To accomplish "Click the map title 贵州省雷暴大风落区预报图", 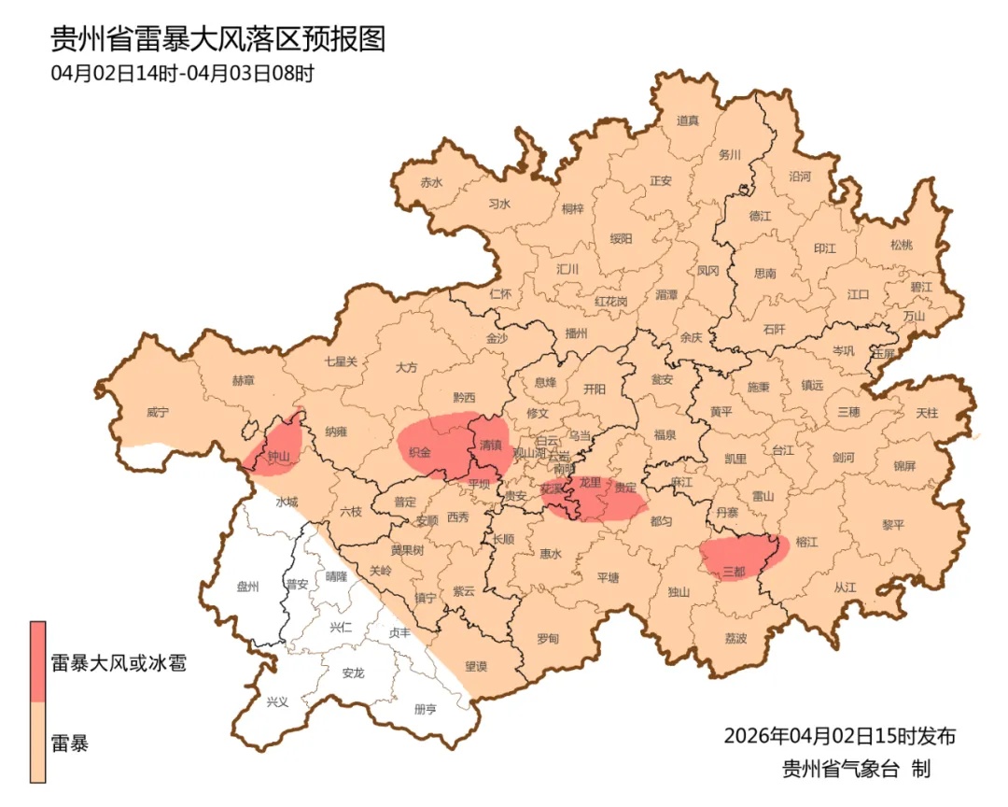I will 217,39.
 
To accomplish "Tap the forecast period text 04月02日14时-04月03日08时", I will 183,73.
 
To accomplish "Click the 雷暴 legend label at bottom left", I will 70,744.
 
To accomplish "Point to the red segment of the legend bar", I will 37,661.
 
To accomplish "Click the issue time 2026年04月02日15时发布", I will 839,736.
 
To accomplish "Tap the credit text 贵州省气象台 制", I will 856,770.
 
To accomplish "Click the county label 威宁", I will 160,412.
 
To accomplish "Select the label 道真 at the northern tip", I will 688,120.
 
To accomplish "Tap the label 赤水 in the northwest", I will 430,183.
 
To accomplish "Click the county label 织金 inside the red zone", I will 421,452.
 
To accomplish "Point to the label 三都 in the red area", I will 734,572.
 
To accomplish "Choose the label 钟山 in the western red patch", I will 279,457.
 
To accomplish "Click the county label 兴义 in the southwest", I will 277,701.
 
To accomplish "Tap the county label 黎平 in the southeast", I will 893,525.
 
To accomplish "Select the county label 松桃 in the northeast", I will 901,245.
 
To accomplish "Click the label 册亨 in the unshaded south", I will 425,710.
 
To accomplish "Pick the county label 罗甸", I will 548,639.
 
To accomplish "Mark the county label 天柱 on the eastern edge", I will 926,412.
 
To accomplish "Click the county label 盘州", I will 247,588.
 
